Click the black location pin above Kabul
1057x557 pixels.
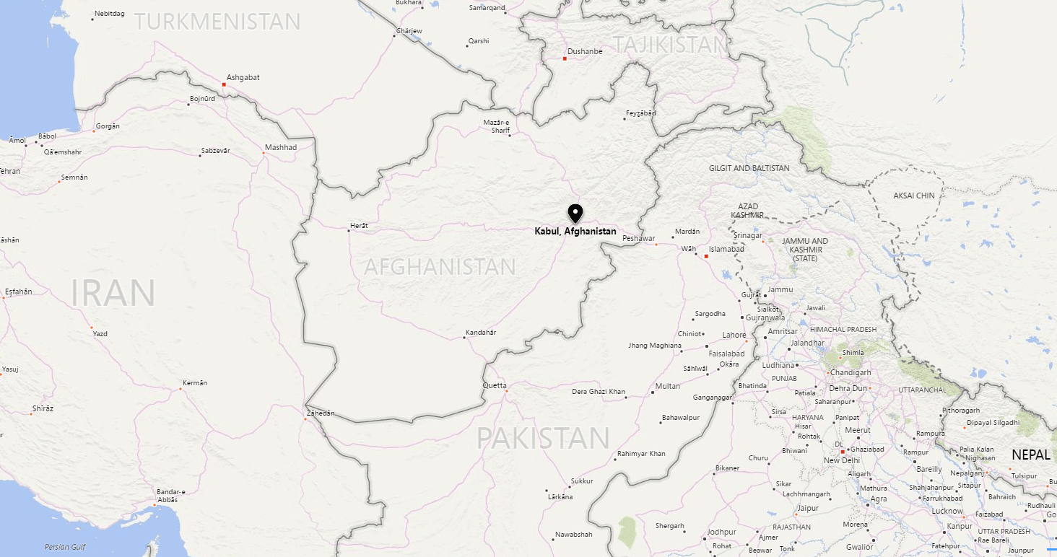click(575, 214)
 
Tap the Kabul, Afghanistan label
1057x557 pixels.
click(575, 232)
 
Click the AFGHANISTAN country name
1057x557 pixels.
click(440, 267)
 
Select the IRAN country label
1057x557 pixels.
click(113, 293)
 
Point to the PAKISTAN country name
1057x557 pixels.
click(543, 438)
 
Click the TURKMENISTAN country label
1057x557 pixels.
click(217, 22)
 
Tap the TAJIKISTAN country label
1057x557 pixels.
click(669, 45)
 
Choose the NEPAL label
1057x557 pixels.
click(1030, 455)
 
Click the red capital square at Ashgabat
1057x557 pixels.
click(224, 84)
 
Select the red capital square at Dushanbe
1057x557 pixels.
click(565, 58)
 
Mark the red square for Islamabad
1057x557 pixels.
click(706, 256)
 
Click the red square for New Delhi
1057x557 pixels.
click(842, 452)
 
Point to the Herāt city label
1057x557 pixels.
click(359, 226)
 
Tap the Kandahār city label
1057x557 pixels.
click(480, 332)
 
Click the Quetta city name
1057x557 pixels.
click(495, 385)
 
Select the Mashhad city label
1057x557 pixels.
click(280, 147)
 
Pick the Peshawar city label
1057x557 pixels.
click(638, 238)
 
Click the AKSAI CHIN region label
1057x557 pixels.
click(913, 196)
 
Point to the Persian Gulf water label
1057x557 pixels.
click(65, 547)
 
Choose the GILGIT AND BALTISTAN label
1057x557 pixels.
click(749, 168)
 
